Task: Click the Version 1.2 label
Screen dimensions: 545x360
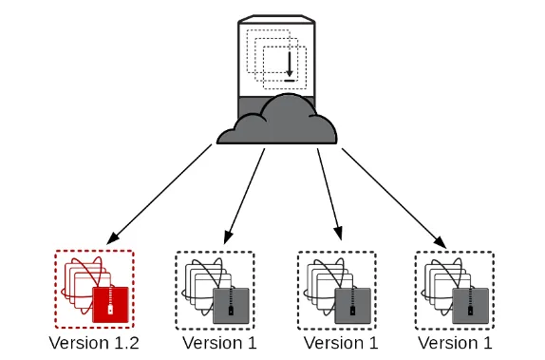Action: click(94, 343)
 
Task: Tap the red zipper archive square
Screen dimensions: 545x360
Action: click(110, 305)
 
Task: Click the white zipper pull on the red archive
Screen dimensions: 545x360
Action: click(110, 310)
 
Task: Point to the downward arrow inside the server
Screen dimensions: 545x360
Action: click(290, 65)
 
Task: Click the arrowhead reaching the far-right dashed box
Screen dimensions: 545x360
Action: click(441, 242)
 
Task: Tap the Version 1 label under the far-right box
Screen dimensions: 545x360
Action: click(455, 343)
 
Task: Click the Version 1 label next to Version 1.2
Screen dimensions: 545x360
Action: click(219, 343)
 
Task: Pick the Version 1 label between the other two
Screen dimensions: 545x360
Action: click(341, 343)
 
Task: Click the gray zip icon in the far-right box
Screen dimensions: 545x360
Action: click(470, 306)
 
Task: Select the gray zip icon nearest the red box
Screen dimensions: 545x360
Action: click(231, 306)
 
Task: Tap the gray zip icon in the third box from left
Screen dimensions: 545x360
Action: click(353, 306)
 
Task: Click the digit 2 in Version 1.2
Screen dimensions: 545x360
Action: click(133, 343)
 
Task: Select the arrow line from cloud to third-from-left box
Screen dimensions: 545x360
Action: click(329, 195)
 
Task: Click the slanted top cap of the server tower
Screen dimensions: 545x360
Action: click(276, 19)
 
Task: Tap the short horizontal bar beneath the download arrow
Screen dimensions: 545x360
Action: click(290, 81)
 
